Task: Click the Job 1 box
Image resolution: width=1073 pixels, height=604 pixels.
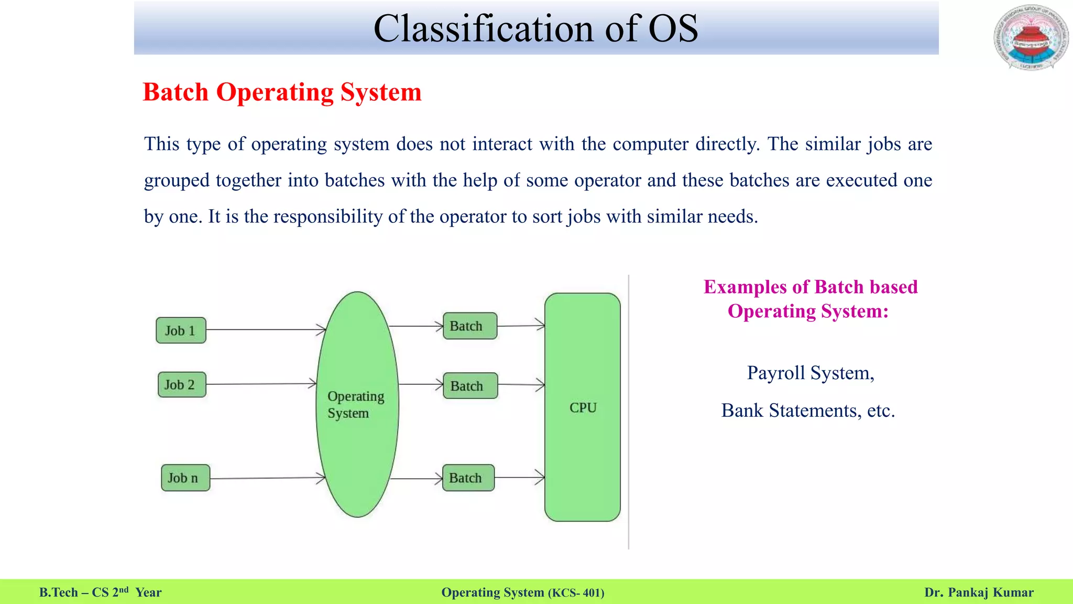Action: click(181, 330)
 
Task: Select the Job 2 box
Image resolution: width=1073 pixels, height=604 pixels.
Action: click(181, 385)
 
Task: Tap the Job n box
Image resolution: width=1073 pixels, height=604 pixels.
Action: click(185, 478)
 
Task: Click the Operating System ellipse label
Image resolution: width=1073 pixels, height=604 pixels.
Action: click(356, 404)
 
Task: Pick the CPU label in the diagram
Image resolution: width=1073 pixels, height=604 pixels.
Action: click(583, 407)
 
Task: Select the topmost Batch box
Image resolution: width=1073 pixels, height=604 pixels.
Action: click(469, 326)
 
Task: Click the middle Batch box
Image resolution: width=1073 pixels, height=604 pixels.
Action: click(470, 386)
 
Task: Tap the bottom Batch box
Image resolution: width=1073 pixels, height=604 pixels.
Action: click(468, 478)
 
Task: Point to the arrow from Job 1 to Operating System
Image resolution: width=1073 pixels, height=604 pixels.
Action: click(266, 330)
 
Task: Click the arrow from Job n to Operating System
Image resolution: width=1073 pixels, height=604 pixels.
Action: click(267, 478)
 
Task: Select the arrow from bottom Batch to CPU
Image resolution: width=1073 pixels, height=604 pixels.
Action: click(519, 477)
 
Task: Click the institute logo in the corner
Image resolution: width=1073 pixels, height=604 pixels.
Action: click(1031, 38)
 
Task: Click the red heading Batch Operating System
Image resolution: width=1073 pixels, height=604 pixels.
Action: click(282, 92)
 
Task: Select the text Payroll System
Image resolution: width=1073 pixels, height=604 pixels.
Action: click(810, 373)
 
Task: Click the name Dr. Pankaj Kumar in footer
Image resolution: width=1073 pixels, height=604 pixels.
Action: click(979, 592)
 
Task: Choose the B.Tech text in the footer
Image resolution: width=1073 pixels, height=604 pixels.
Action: click(58, 592)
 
